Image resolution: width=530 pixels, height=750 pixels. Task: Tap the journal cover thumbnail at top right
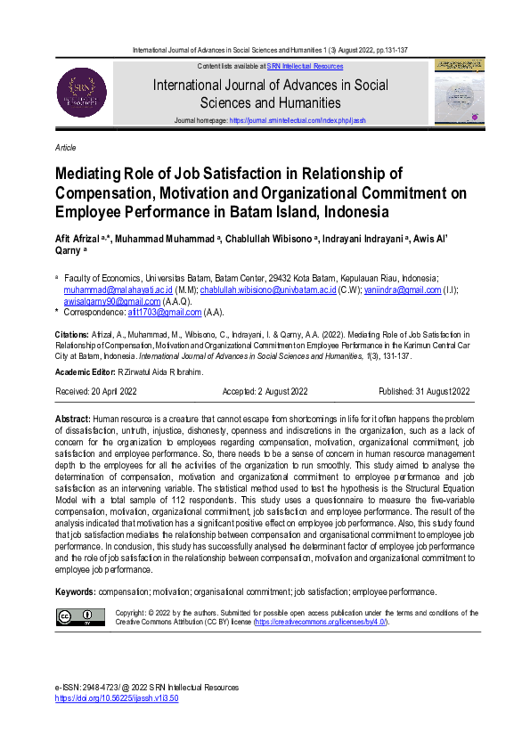[458, 92]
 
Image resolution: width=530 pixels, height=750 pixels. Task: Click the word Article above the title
[65, 147]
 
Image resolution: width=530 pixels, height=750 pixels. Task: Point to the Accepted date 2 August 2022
[264, 390]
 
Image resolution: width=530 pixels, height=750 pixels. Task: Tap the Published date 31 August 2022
[425, 390]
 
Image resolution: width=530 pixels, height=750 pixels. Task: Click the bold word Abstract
[72, 418]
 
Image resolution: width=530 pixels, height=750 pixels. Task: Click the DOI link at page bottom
[117, 698]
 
